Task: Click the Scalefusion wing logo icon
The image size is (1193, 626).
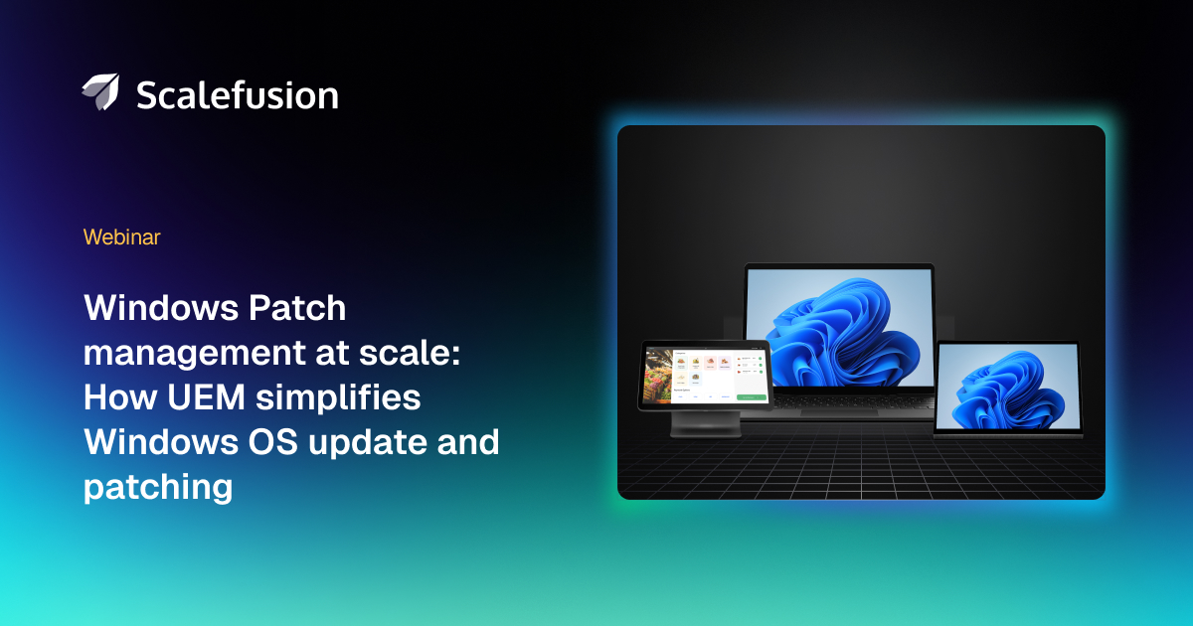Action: pos(100,92)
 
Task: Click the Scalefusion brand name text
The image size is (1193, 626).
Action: pos(237,94)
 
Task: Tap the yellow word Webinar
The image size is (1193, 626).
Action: pos(122,237)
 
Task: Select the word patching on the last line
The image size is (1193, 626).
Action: pos(158,487)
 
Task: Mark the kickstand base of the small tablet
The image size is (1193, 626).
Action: pos(1009,434)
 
